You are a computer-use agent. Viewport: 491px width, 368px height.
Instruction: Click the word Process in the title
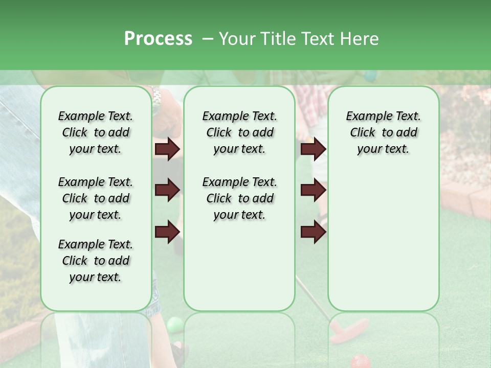tap(158, 38)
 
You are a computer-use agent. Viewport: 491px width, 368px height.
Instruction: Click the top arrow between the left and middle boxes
tap(167, 149)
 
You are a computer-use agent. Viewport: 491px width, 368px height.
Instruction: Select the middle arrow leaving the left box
tap(167, 191)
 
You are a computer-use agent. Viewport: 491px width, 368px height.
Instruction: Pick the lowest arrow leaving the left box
tap(167, 232)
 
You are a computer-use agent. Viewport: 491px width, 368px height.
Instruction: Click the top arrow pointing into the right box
tap(313, 149)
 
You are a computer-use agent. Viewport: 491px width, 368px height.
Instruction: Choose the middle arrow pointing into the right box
tap(313, 191)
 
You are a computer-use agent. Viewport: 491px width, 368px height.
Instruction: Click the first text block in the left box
tap(96, 132)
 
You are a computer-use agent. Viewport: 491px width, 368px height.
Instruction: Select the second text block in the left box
tap(96, 198)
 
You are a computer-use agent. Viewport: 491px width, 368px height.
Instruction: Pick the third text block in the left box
tap(96, 261)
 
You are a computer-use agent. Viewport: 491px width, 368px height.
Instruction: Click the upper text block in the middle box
tap(239, 132)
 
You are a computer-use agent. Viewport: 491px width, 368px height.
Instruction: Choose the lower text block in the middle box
tap(239, 198)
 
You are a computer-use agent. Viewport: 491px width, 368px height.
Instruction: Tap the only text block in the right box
tap(383, 132)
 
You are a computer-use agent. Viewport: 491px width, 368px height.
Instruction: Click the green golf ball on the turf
tap(174, 324)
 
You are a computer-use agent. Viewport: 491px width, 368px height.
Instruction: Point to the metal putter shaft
tap(312, 296)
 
